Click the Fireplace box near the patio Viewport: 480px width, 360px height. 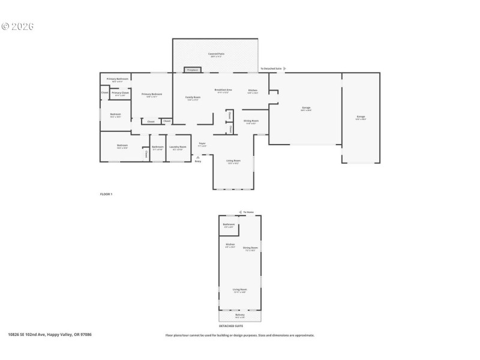coord(193,70)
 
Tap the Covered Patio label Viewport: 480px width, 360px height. coord(215,55)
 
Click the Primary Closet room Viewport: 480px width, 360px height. coord(121,93)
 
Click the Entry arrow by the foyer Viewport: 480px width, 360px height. coord(197,157)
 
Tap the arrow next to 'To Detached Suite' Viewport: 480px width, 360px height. coord(284,69)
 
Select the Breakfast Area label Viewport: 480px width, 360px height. coord(223,90)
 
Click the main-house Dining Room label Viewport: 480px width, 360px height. coord(251,121)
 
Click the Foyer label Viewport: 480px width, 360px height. coord(202,144)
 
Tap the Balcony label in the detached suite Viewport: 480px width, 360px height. coord(240,315)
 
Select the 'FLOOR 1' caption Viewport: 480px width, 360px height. coord(106,194)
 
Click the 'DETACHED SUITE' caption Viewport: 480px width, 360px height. coord(239,326)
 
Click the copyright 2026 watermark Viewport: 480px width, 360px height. coord(17,26)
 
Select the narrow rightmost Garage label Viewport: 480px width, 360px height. coord(361,116)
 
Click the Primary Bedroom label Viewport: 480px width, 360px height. coord(152,94)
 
